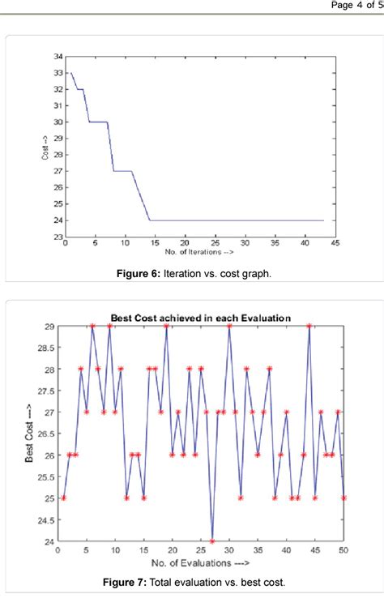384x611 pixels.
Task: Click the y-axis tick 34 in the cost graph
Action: point(58,56)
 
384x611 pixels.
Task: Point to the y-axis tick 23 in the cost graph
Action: point(58,237)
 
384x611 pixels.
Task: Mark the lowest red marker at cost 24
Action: point(212,541)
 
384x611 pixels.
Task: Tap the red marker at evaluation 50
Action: point(344,498)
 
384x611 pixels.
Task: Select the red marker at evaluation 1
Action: point(63,498)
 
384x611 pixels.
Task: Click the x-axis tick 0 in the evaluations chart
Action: point(58,551)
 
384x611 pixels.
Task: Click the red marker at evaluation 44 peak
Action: point(309,326)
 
